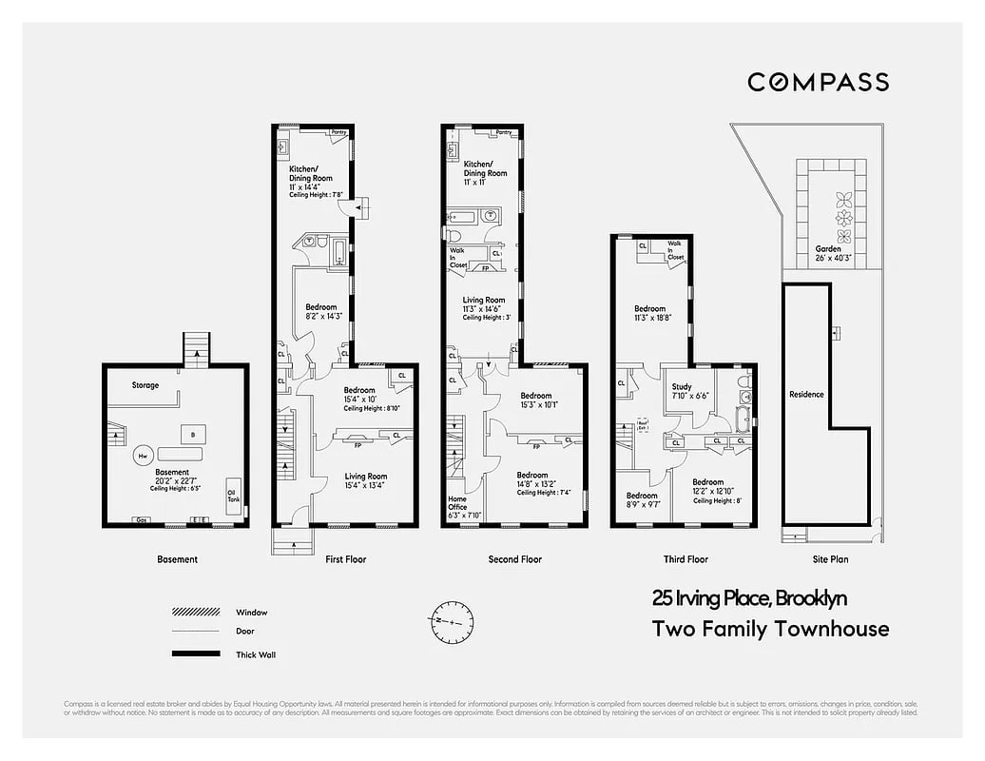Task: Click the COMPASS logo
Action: pos(818,82)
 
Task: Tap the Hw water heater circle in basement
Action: pos(144,457)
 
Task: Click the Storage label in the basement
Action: pos(145,385)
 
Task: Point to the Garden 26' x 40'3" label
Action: pos(828,253)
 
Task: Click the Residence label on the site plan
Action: pos(806,394)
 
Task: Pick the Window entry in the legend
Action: pos(251,613)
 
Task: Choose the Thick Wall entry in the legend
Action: pos(256,654)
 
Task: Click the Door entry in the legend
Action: pos(244,631)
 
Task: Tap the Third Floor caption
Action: pos(686,559)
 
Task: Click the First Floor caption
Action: pos(345,559)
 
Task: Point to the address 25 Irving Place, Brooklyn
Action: pos(749,599)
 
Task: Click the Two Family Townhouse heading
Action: pos(770,629)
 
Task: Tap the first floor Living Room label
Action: pos(365,480)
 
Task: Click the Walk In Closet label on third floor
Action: pos(675,251)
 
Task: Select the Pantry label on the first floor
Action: pos(338,132)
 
